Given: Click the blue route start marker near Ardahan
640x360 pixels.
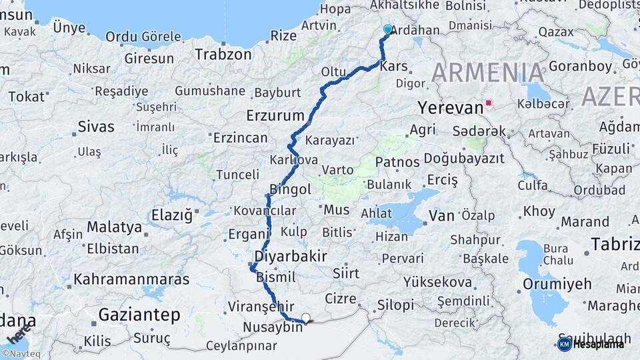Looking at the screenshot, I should coord(388,29).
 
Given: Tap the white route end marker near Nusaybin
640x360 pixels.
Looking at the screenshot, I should coord(306,318).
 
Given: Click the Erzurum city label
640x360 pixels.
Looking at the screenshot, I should coord(275,115).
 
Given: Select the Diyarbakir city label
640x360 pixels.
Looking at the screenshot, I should coord(291,256).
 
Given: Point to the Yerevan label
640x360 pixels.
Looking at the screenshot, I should coord(450,107).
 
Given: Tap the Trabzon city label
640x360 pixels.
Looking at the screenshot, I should coord(223,54).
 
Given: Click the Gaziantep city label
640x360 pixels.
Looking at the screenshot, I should coord(139,314).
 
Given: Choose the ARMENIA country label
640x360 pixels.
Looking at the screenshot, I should coord(488,72).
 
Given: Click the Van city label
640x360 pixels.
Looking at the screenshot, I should coord(441,215).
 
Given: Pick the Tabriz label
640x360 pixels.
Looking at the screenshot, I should coord(615,244).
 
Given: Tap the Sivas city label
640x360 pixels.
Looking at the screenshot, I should coord(96,127).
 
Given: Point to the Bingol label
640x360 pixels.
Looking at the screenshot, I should coord(290,189).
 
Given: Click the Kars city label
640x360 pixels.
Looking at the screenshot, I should coord(393,67).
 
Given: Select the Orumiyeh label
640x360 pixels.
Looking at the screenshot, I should coord(557,284).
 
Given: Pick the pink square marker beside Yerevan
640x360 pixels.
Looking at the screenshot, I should coord(489,103).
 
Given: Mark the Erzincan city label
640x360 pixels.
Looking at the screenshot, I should coord(240,138).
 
